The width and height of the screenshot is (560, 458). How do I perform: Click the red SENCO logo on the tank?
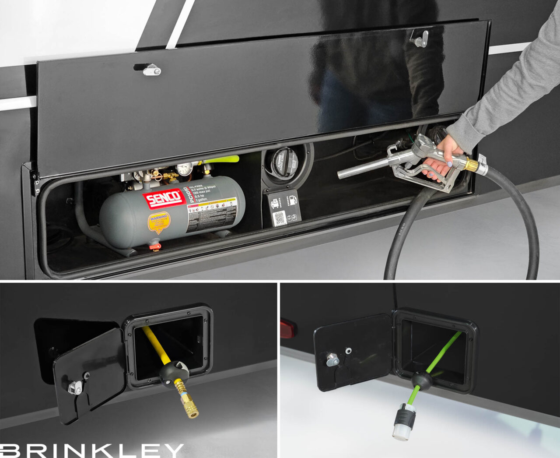click(164, 199)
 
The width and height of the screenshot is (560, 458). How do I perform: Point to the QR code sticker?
click(280, 218)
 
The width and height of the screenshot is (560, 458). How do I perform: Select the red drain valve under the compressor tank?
click(154, 247)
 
